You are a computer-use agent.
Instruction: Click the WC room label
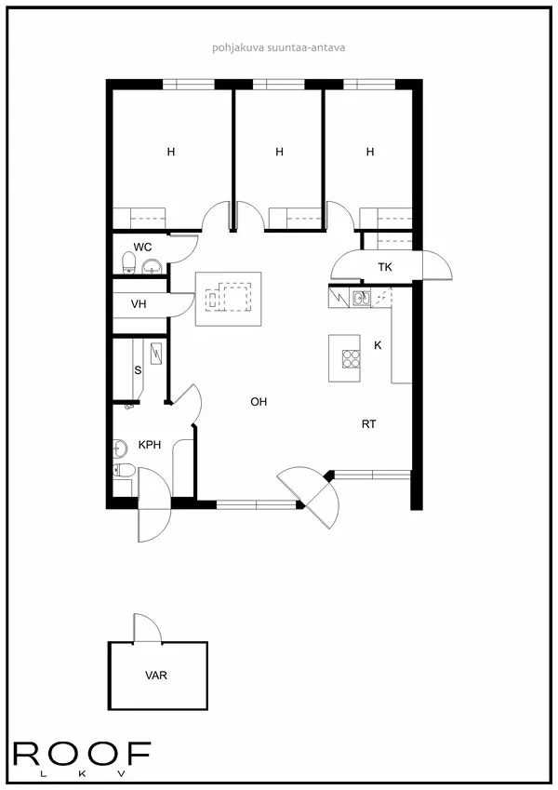click(142, 247)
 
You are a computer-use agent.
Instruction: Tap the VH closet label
click(139, 304)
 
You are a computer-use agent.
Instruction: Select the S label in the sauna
click(138, 370)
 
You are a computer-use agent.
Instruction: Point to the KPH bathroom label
click(150, 445)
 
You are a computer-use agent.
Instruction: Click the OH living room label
click(259, 402)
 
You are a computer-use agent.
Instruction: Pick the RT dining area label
click(368, 423)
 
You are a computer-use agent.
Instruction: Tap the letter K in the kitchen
click(378, 345)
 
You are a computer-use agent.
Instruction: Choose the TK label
click(385, 268)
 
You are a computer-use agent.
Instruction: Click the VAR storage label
click(156, 676)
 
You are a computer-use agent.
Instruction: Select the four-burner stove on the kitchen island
click(352, 358)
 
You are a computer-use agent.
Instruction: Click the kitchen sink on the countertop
click(362, 299)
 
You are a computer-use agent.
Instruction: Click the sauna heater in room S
click(157, 354)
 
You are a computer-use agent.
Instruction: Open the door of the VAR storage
click(147, 628)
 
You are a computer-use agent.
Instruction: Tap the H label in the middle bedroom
click(279, 152)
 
